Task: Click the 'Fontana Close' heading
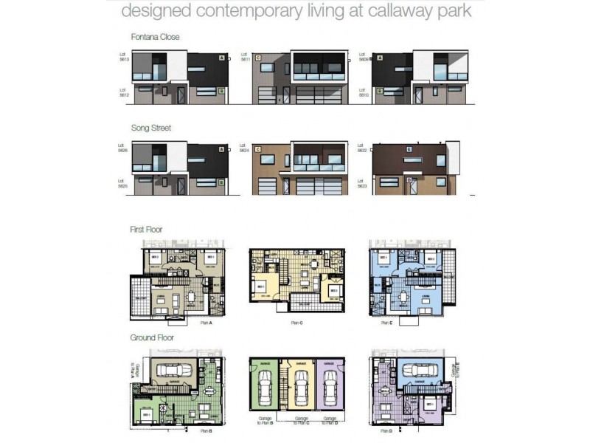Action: click(x=155, y=36)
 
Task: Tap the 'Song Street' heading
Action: click(x=151, y=128)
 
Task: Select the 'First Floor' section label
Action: click(x=146, y=230)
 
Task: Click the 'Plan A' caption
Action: click(x=206, y=323)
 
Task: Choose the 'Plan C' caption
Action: click(x=295, y=323)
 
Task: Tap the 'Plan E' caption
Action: click(x=387, y=323)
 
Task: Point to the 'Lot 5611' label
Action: click(x=245, y=57)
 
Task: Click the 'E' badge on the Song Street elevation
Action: click(x=407, y=149)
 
